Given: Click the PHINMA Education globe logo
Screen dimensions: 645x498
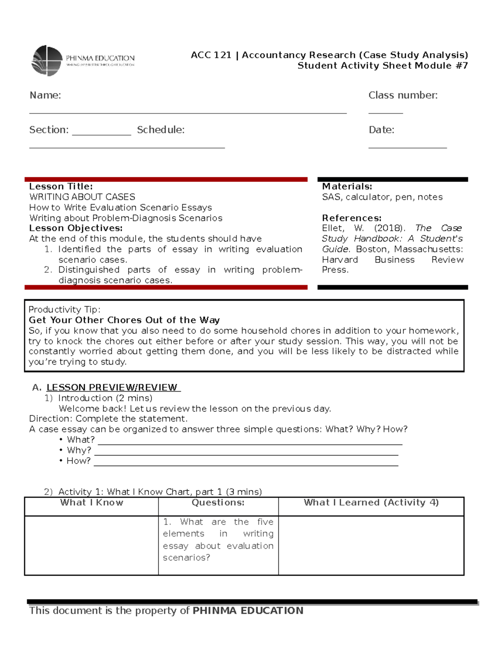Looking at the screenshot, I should point(47,61).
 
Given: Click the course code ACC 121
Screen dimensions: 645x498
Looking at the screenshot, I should point(211,55).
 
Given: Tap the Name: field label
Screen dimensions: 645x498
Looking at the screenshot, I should point(45,96).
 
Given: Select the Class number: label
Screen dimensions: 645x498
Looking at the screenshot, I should point(403,96).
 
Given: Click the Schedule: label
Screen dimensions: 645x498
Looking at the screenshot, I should point(161,130).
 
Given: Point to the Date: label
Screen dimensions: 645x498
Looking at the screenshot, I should point(381,130).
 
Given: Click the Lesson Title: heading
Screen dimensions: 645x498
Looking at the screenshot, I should point(61,186).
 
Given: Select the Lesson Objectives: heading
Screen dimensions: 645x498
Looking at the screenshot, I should point(76,228).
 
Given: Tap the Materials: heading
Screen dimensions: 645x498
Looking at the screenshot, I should point(347,186).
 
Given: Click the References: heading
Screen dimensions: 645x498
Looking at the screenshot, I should point(352,218).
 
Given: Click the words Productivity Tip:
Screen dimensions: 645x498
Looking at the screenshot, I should point(64,310).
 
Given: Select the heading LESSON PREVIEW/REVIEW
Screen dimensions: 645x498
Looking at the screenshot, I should point(112,387).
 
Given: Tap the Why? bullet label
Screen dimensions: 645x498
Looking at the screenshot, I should point(79,450).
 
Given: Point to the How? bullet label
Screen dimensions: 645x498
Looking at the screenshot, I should point(78,461).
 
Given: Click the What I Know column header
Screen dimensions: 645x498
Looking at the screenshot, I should point(92,503).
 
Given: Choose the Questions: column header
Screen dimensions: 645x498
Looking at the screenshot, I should point(218,503).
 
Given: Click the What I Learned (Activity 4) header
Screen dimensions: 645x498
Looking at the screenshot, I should point(371,503).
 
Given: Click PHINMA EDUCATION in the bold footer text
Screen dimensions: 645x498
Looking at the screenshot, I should point(248,611).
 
